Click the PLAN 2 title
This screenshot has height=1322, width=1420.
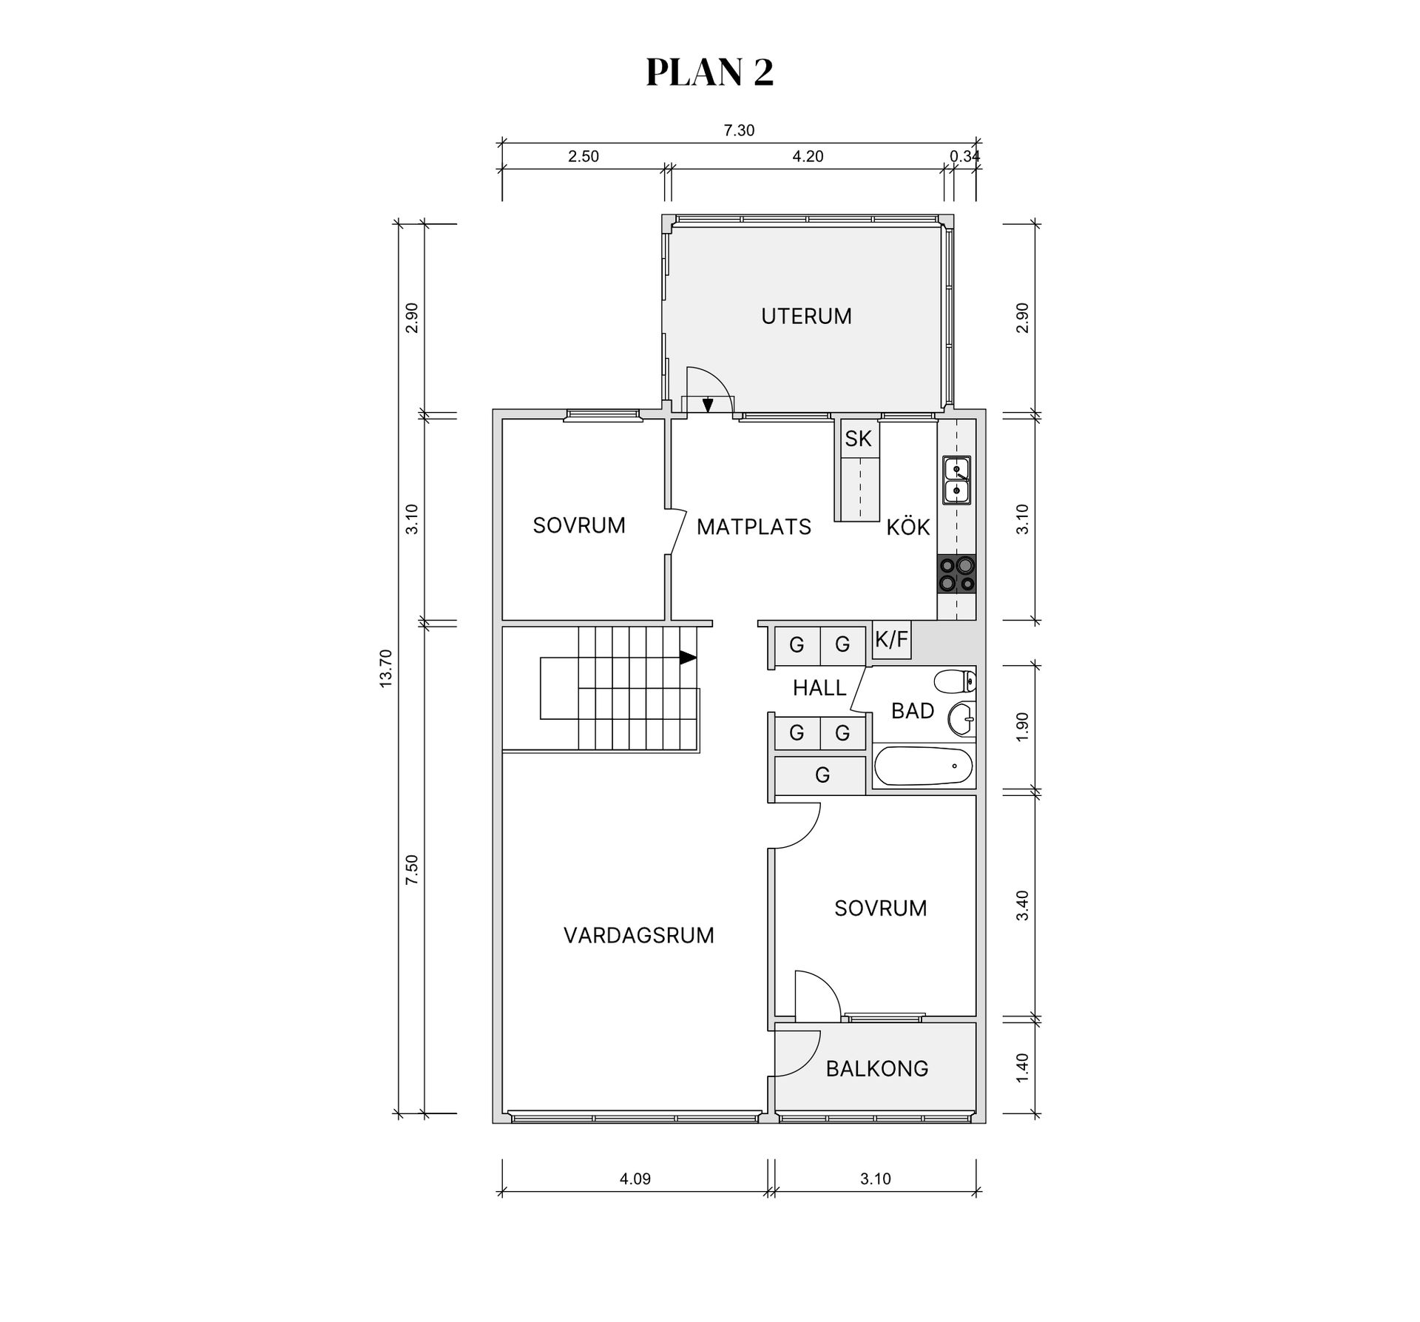[x=709, y=72]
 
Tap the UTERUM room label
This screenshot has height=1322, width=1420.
[x=806, y=316]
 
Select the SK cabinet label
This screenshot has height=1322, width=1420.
[x=858, y=439]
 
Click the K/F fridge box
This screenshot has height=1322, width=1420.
[x=891, y=640]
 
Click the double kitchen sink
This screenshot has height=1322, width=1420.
[x=956, y=479]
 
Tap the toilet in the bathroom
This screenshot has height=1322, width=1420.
[x=955, y=681]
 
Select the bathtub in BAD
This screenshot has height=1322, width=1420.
[x=924, y=767]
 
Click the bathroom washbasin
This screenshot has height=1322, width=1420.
[x=962, y=718]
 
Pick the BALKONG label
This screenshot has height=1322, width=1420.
[x=876, y=1068]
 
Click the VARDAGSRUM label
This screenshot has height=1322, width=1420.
[x=638, y=935]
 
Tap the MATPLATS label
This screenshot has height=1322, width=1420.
[x=754, y=527]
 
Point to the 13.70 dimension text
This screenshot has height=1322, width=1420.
[x=385, y=668]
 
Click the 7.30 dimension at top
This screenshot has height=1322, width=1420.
[x=739, y=131]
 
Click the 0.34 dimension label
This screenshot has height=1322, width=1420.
[x=964, y=157]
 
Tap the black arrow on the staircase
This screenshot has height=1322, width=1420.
[x=688, y=657]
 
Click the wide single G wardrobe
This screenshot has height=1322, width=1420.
[x=821, y=775]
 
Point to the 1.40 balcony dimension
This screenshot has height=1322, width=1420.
[x=1022, y=1068]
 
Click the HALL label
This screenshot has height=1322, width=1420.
[x=819, y=688]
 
